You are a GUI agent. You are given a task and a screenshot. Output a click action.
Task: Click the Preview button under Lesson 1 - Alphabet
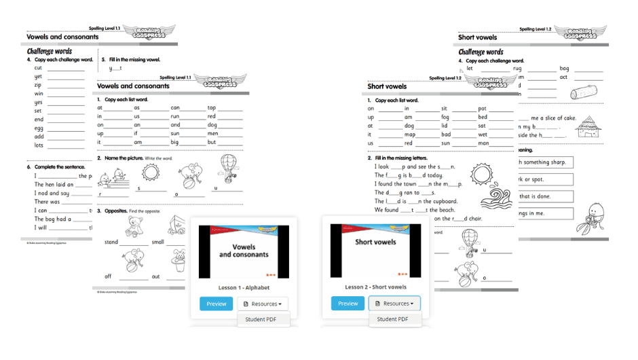point(216,304)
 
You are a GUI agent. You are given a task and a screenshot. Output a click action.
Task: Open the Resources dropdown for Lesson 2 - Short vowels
point(394,304)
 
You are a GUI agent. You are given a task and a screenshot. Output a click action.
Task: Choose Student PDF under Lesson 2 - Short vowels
point(392,319)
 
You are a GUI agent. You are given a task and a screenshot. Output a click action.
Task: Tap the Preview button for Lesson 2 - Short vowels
point(348,304)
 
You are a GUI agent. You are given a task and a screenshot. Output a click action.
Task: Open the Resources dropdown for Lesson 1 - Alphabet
point(262,304)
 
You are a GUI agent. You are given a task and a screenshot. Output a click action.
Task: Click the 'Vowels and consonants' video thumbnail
point(243,251)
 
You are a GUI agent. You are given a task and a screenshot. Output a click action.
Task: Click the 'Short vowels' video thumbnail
point(375,251)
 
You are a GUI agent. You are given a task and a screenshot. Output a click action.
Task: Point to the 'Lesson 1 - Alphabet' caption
point(244,287)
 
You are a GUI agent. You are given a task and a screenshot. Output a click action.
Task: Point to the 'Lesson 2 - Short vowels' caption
point(375,287)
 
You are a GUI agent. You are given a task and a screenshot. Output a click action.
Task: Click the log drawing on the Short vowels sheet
point(585,93)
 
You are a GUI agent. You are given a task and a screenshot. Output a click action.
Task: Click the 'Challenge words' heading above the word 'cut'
point(50,51)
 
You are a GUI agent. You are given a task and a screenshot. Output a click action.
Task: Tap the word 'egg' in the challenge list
point(39,128)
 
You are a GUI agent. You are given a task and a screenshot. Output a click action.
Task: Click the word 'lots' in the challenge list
point(39,145)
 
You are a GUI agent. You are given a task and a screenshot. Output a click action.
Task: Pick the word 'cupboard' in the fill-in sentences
point(443,201)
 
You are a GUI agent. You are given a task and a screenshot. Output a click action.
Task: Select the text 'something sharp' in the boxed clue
point(546,162)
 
